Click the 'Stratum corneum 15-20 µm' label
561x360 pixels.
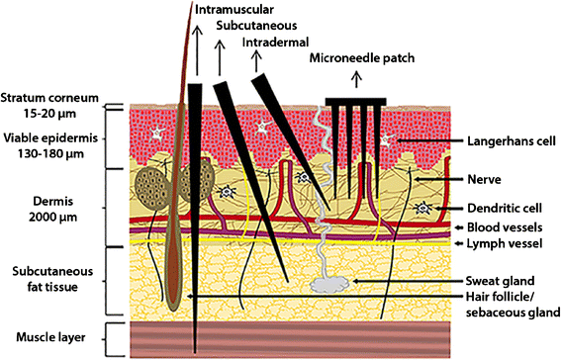point(49,105)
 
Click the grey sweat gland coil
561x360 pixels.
point(327,284)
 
